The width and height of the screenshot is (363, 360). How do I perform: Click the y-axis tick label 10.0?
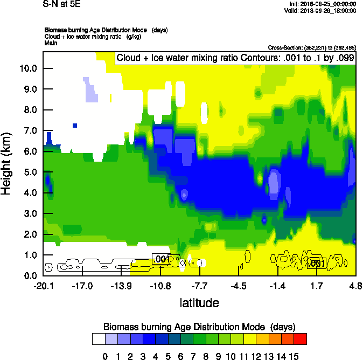tap(28, 68)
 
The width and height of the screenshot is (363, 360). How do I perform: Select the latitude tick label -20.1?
tap(44, 286)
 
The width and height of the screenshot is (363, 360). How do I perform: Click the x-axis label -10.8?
tap(160, 286)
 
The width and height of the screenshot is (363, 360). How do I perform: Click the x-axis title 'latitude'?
tap(199, 303)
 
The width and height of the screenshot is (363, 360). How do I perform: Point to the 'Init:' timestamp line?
tap(322, 4)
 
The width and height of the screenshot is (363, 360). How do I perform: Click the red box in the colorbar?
tap(301, 338)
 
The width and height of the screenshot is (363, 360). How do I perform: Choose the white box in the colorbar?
tap(98, 338)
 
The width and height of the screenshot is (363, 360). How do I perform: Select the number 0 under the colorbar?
tap(105, 355)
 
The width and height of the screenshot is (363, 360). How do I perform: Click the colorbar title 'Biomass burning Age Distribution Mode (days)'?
tap(199, 327)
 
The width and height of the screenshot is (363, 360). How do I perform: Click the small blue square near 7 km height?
tap(75, 126)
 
